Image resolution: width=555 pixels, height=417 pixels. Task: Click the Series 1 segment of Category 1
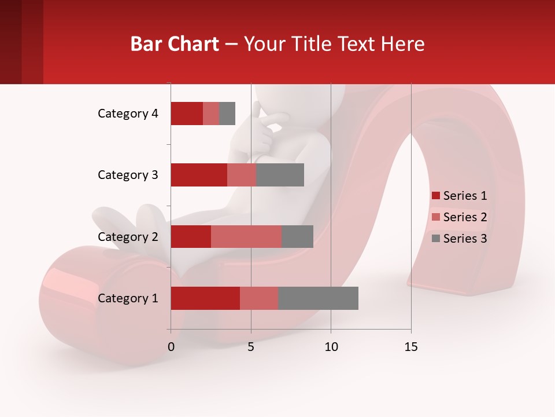click(205, 298)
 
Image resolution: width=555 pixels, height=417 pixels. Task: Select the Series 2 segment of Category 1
click(259, 298)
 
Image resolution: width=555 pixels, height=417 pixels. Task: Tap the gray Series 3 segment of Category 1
click(318, 298)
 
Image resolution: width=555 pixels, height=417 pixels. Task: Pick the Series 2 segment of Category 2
click(246, 236)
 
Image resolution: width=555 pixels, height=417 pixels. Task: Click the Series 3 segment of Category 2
click(297, 236)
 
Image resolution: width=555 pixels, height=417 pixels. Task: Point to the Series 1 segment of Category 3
click(199, 175)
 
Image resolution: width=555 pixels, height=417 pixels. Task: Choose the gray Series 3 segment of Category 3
click(280, 175)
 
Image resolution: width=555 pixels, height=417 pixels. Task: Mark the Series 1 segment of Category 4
click(187, 114)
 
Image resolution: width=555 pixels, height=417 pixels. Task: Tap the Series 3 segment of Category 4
click(227, 114)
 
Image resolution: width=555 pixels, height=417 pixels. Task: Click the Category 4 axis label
click(128, 114)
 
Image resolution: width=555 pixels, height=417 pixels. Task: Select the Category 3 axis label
click(128, 175)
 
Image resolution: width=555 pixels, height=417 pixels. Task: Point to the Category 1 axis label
click(128, 298)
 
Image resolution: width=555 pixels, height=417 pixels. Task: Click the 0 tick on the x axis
click(171, 347)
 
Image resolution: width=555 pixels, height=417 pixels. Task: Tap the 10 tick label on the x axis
click(331, 347)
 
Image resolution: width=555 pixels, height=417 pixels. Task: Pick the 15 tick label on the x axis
click(411, 347)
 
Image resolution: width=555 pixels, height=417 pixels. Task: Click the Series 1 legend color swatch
click(435, 196)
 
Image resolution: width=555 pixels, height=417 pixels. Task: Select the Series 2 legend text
click(465, 217)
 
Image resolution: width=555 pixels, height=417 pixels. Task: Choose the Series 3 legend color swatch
click(435, 239)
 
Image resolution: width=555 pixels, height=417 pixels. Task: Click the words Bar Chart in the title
click(175, 43)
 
